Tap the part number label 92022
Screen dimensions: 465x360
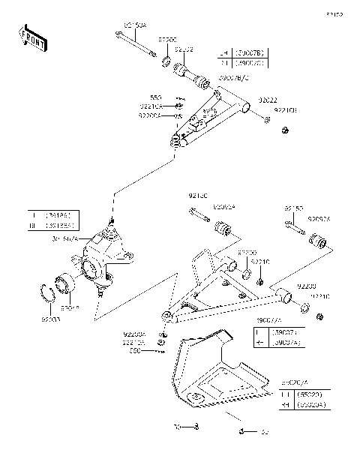[x=267, y=98]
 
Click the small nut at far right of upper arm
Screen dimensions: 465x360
[x=286, y=132]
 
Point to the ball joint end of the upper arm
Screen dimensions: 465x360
[x=178, y=141]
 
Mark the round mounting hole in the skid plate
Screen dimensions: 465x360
[x=196, y=397]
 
